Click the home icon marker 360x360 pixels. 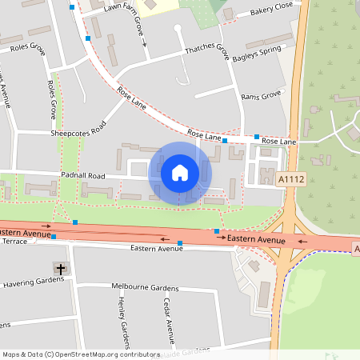click(180, 172)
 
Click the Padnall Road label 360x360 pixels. click(82, 174)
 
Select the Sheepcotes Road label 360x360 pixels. click(78, 130)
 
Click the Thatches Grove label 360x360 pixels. click(206, 49)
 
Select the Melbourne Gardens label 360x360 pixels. click(145, 286)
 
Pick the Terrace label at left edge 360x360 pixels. click(14, 241)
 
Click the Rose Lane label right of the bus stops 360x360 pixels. click(279, 142)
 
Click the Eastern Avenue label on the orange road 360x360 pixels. click(256, 239)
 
